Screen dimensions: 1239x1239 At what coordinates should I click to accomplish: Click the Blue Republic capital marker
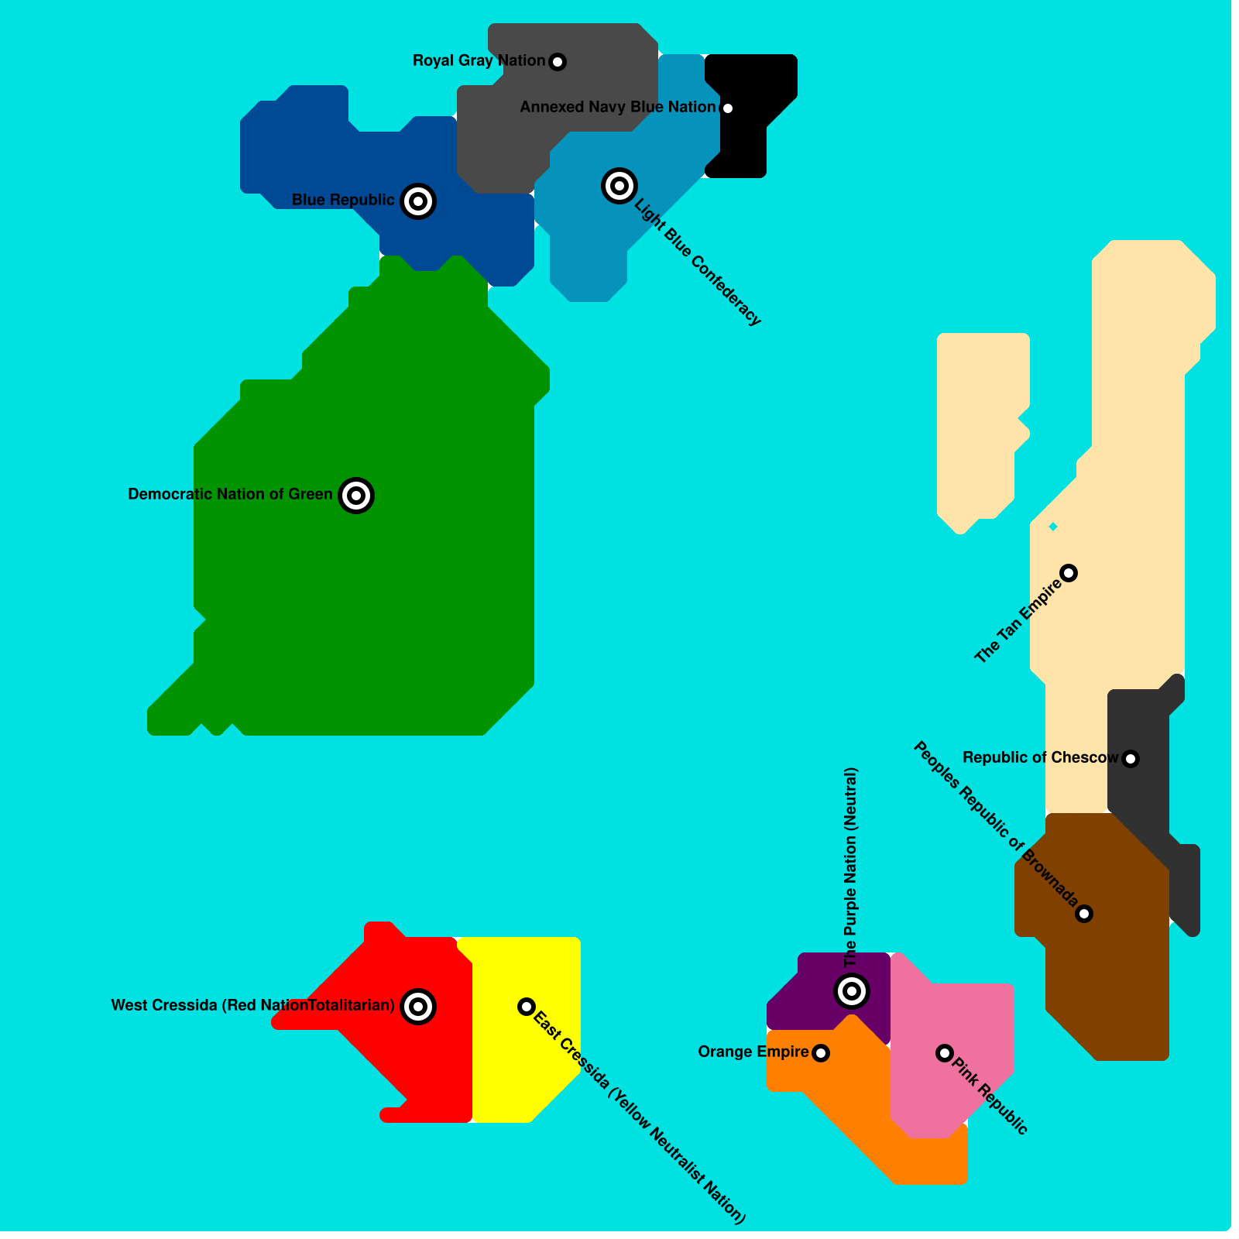[418, 201]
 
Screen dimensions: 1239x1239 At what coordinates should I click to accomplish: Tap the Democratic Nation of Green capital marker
[356, 495]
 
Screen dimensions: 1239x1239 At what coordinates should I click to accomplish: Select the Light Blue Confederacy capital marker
[619, 186]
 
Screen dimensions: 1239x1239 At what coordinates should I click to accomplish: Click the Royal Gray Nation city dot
[558, 62]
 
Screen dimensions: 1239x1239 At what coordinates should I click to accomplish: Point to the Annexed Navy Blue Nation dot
[727, 108]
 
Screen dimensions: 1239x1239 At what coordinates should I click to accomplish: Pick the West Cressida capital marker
[418, 1006]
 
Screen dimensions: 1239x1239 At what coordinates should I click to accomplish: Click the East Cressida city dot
[527, 1007]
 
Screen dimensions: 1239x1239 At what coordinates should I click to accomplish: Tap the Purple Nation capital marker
[852, 990]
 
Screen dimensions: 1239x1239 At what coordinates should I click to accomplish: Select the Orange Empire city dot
[821, 1053]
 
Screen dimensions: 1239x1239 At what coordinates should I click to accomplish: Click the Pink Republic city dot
[944, 1052]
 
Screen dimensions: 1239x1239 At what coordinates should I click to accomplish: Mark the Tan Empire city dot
[1069, 573]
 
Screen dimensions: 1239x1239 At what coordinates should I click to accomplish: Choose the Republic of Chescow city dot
[1131, 759]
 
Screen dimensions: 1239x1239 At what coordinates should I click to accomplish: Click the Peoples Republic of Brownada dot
[1084, 914]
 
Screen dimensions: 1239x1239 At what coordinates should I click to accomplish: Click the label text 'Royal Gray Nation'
[479, 60]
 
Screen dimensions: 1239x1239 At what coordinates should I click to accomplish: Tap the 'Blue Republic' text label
[343, 200]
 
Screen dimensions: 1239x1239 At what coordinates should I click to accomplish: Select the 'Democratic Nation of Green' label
[230, 494]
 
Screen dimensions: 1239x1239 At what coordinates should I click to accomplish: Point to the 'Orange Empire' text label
[753, 1052]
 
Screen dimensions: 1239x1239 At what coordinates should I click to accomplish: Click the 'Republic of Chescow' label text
[1040, 757]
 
